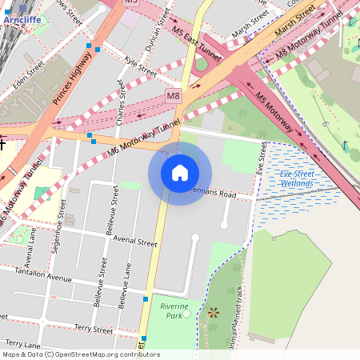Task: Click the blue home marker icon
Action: tap(180, 173)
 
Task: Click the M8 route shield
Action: tap(174, 96)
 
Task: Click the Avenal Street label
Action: tap(135, 241)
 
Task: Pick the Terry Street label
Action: tap(93, 329)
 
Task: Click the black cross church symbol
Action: tap(3, 144)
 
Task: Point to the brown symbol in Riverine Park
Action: tap(213, 313)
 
